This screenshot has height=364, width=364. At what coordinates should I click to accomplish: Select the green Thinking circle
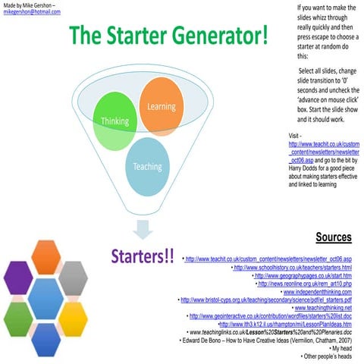[x=115, y=121]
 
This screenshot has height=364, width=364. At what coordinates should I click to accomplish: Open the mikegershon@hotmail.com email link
[x=30, y=12]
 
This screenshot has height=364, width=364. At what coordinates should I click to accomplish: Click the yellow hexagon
[x=74, y=318]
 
